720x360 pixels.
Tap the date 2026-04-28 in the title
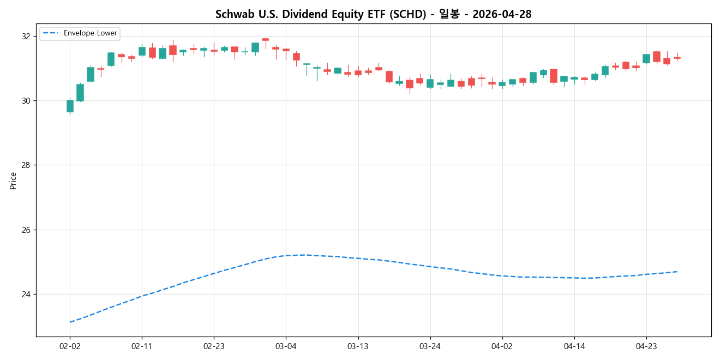click(x=502, y=15)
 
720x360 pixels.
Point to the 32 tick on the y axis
click(x=26, y=37)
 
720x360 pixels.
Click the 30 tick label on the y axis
click(x=26, y=101)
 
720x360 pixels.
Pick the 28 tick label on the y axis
click(x=26, y=165)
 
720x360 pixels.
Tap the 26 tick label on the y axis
click(x=26, y=230)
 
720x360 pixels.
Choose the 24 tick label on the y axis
click(x=26, y=295)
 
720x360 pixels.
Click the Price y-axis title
click(x=13, y=181)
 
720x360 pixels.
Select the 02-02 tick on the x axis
click(x=70, y=346)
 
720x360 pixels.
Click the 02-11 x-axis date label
click(x=142, y=346)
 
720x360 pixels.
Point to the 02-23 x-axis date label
click(x=214, y=346)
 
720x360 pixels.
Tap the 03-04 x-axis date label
click(x=286, y=346)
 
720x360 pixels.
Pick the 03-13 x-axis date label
click(x=358, y=346)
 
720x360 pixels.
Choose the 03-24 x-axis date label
click(x=430, y=346)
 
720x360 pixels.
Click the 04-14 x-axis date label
click(x=574, y=346)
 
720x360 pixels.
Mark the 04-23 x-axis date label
click(x=646, y=346)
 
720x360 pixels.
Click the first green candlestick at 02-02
click(x=70, y=106)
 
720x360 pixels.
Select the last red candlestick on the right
click(x=677, y=57)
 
